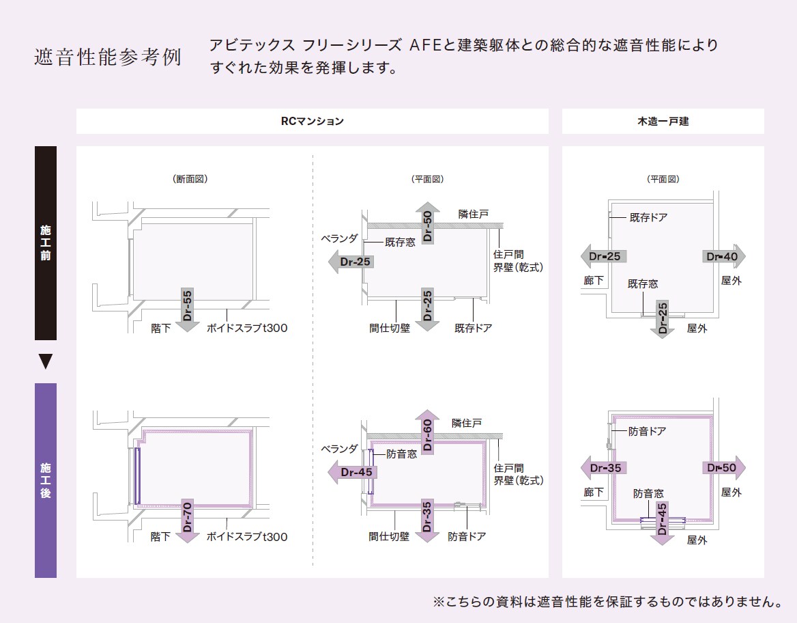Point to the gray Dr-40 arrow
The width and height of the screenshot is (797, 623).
(723, 257)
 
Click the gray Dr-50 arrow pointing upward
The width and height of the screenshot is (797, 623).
(427, 223)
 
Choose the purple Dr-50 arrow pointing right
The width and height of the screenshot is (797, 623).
(723, 468)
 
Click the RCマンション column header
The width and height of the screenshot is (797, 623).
(313, 122)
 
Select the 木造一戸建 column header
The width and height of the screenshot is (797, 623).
(663, 122)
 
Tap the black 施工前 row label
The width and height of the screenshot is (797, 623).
(46, 243)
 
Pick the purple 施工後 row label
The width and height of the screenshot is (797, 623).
(46, 480)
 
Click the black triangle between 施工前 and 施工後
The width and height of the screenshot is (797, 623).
(46, 361)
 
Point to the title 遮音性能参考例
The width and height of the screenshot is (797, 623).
(108, 57)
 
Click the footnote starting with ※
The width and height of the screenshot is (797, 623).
(607, 602)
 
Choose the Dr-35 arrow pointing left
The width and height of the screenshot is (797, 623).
(603, 468)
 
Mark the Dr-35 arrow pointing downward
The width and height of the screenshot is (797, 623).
(427, 519)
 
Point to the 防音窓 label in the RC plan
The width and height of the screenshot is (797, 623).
(402, 454)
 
